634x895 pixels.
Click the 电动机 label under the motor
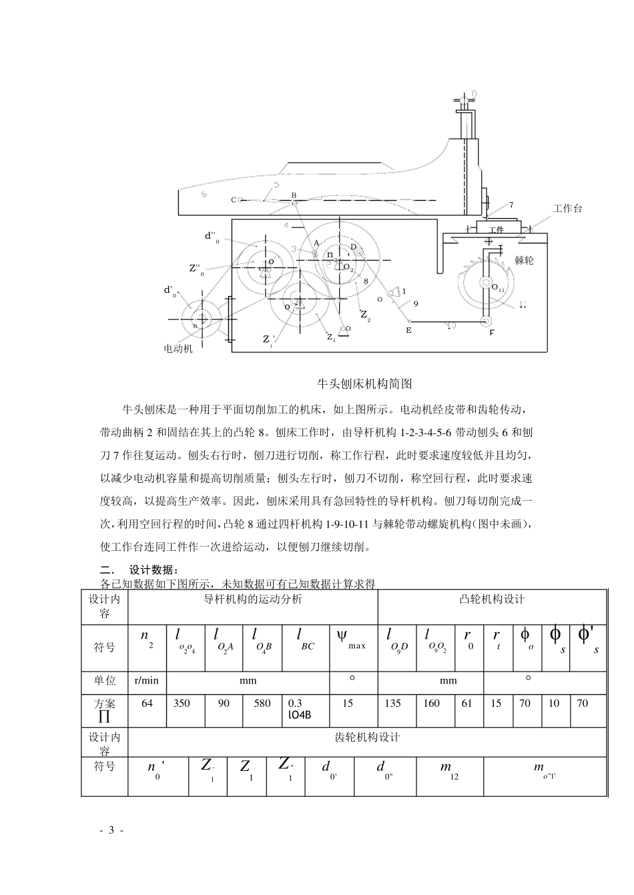pos(178,349)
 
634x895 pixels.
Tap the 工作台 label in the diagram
pos(567,209)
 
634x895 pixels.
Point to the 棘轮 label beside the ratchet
pos(524,261)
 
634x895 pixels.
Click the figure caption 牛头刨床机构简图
pos(365,383)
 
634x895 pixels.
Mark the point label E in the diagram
pos(408,330)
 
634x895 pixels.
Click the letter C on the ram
pos(234,199)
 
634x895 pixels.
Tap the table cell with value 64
pos(147,704)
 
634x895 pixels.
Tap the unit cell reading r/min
pos(147,681)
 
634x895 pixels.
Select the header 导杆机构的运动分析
pos(252,600)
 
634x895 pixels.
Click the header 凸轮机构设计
pos(492,600)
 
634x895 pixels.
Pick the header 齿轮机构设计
pos(366,738)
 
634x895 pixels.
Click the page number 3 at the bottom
pos(112,830)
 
